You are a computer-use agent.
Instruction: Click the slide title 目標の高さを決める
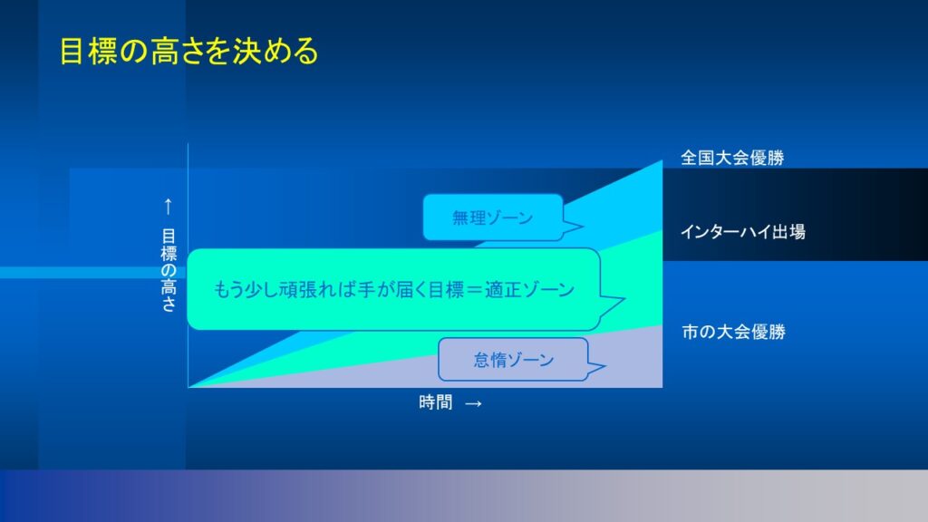[x=188, y=51]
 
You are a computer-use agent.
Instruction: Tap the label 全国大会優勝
[x=732, y=158]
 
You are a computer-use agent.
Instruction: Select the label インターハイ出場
[x=743, y=232]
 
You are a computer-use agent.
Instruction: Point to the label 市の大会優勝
[x=733, y=332]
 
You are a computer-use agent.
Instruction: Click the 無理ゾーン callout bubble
[x=493, y=217]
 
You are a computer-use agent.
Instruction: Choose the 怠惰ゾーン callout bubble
[x=513, y=359]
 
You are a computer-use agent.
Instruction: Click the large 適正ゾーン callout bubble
[x=393, y=289]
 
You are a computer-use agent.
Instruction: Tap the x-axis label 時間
[x=436, y=402]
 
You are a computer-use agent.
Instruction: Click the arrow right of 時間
[x=473, y=403]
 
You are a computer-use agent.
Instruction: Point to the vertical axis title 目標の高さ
[x=169, y=270]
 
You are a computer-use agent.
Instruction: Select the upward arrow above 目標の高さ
[x=168, y=207]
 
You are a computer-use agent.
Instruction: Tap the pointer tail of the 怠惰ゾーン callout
[x=596, y=368]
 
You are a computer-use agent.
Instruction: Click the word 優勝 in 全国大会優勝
[x=768, y=158]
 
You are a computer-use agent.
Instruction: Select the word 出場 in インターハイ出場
[x=788, y=232]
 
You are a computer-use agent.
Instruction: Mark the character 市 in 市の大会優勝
[x=690, y=332]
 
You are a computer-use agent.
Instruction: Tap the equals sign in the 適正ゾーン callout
[x=474, y=289]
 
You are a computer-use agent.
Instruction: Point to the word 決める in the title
[x=275, y=51]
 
